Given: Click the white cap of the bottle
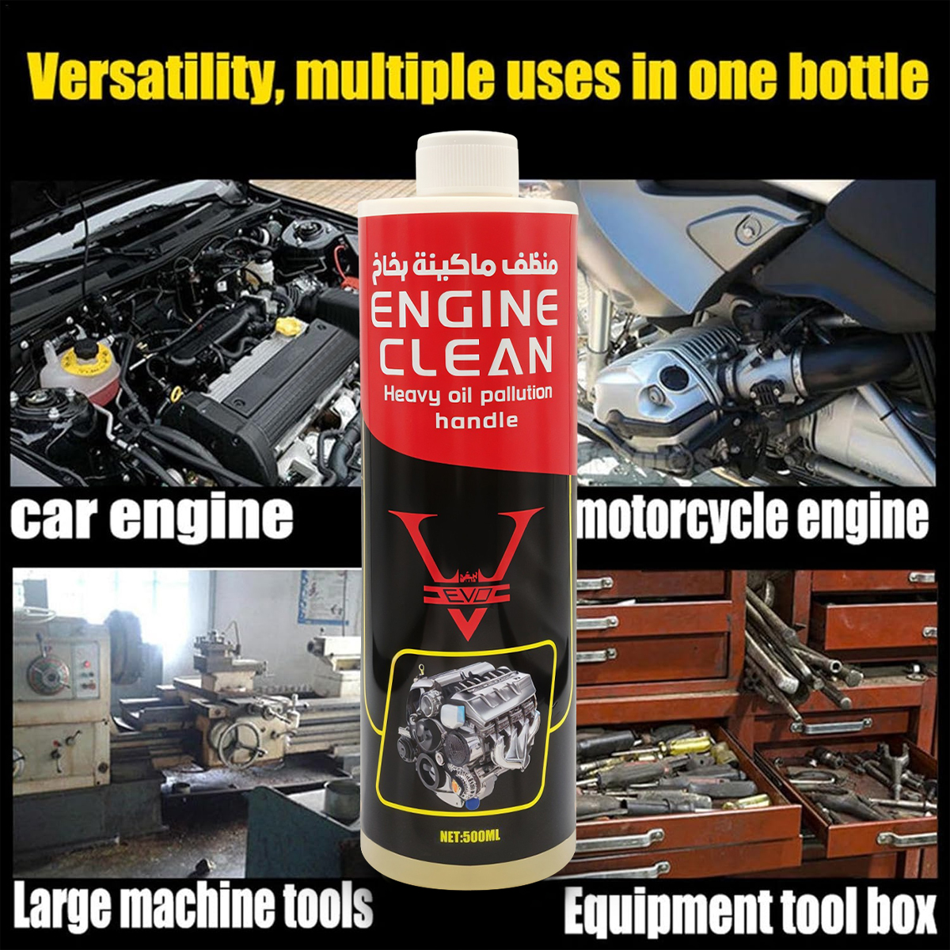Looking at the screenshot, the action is (468, 166).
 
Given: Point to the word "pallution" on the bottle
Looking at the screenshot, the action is (503, 395).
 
